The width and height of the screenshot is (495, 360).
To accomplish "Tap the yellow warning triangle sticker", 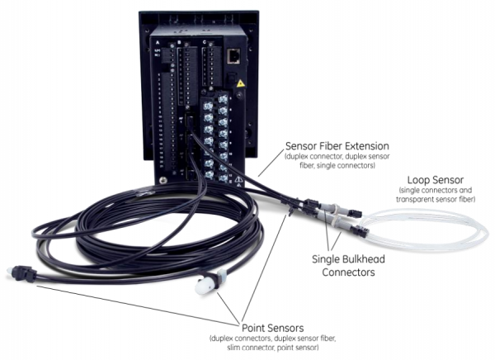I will tap(240, 83).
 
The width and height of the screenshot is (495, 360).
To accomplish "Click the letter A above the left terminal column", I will tap(158, 40).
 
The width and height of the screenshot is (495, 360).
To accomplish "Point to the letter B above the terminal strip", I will tap(180, 40).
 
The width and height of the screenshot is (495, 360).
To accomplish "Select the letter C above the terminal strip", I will tap(203, 40).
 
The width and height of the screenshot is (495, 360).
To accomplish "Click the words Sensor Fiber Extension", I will tap(330, 146).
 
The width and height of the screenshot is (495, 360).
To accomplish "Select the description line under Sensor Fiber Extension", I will tap(330, 161).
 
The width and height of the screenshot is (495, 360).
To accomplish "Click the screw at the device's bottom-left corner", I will tap(163, 180).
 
